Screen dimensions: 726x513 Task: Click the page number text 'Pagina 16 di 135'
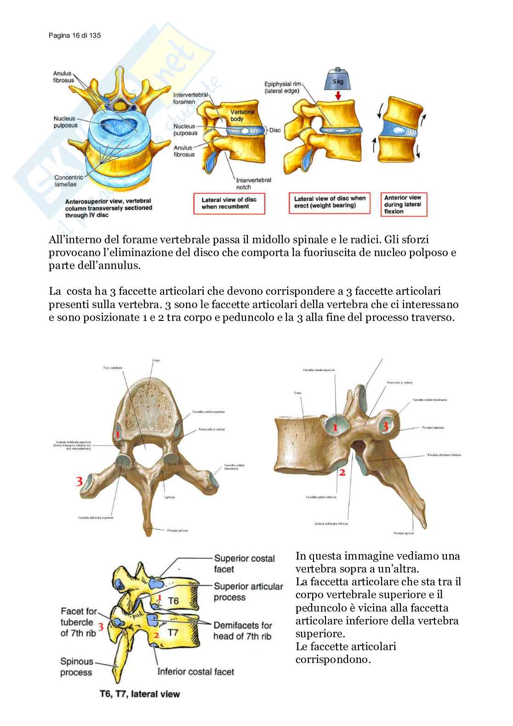click(x=74, y=35)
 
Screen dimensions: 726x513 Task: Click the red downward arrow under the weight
click(x=338, y=96)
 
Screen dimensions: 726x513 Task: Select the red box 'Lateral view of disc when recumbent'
click(x=229, y=203)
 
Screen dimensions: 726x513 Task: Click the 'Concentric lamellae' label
click(x=68, y=181)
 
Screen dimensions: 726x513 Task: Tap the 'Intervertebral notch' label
click(x=253, y=183)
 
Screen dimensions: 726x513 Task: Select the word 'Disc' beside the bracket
click(x=275, y=130)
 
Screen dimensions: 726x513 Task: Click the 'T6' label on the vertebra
click(x=173, y=601)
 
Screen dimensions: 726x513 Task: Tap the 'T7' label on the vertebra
click(x=172, y=633)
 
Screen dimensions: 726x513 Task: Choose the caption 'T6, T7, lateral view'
click(x=140, y=694)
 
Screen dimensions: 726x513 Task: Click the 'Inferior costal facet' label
click(x=195, y=672)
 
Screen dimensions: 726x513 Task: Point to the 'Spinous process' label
click(x=76, y=667)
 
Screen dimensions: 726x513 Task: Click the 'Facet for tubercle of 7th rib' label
click(x=78, y=622)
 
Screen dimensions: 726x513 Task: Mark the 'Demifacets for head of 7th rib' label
click(x=242, y=631)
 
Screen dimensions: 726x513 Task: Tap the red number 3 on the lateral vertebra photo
click(x=385, y=426)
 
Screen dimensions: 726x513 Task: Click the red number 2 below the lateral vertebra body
click(x=342, y=472)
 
